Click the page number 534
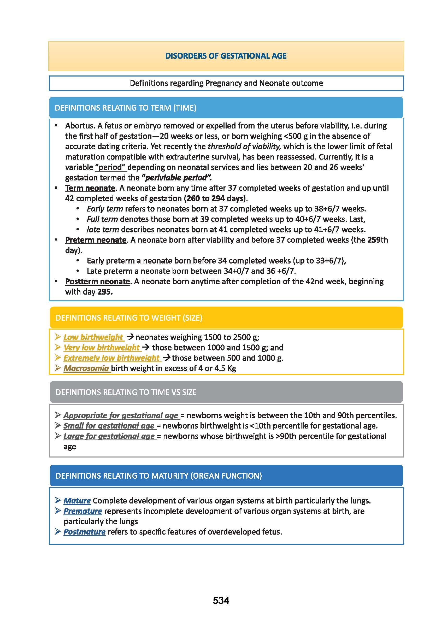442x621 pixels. pos(221,600)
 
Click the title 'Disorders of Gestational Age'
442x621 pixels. pos(226,56)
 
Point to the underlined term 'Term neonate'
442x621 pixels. pos(90,188)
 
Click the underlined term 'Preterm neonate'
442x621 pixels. pos(96,240)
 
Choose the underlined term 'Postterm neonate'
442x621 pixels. pos(97,282)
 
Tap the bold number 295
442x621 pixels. pos(104,292)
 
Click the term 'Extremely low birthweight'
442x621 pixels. pos(111,358)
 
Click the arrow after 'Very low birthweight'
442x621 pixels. pos(146,347)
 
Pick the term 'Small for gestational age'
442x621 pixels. pos(109,426)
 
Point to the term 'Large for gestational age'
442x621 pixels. pos(109,436)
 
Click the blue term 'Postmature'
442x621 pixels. pos(84,532)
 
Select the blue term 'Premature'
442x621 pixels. pos(83,511)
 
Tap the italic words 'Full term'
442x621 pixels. pos(102,219)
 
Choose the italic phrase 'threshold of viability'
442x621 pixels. pos(244,147)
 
